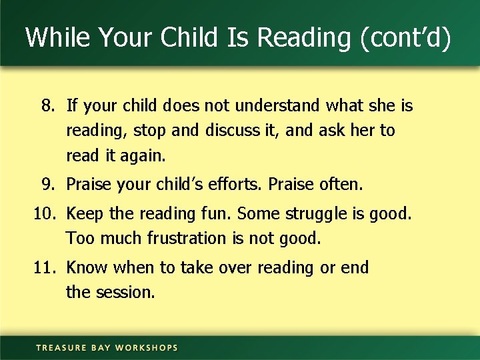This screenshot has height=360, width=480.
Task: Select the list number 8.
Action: [47, 105]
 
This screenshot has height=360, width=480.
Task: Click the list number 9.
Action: [47, 183]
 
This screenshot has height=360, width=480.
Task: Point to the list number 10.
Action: [44, 214]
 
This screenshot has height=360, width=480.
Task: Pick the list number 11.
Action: [44, 268]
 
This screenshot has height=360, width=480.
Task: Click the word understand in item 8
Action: [270, 105]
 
